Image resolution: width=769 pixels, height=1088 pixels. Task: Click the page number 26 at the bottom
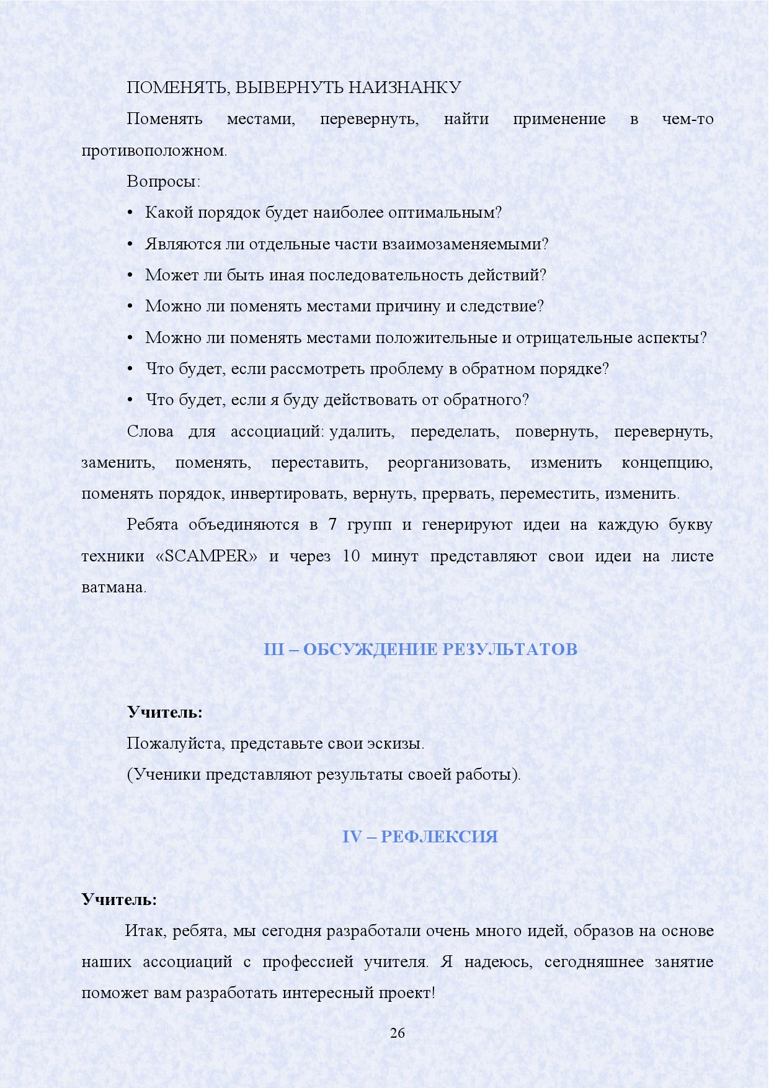click(397, 1033)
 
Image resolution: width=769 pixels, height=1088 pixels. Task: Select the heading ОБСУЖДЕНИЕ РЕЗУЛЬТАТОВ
click(440, 649)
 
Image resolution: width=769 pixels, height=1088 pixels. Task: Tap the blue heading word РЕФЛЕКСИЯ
click(439, 836)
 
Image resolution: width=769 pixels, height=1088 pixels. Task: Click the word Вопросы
click(163, 181)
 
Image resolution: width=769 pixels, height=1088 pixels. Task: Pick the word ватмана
click(113, 587)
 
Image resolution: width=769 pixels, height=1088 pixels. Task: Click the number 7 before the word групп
click(332, 525)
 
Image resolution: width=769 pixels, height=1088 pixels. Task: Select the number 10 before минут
click(351, 556)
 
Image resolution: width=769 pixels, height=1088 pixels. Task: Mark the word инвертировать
click(288, 494)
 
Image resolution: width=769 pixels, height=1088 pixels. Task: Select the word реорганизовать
click(449, 463)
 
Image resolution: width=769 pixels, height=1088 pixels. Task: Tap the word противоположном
click(154, 150)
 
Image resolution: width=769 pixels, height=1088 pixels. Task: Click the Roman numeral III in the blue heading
click(273, 649)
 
